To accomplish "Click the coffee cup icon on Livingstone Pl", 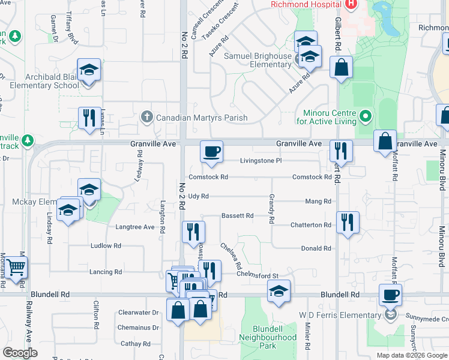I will tap(211, 151).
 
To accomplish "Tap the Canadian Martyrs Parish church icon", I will tap(146, 118).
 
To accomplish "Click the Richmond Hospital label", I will tap(306, 4).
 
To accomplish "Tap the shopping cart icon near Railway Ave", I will tap(16, 267).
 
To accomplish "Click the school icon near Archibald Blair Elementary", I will tap(89, 70).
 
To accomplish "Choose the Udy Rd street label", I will tap(198, 196).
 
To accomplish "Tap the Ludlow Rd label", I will tap(106, 246).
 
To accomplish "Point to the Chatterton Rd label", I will tap(311, 225).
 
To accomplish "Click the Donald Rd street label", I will tap(316, 248).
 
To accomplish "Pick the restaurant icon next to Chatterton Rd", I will tap(348, 222).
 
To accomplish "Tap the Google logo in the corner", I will tap(20, 353).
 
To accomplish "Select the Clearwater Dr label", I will tap(138, 313).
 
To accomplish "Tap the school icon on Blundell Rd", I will tap(279, 292).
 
